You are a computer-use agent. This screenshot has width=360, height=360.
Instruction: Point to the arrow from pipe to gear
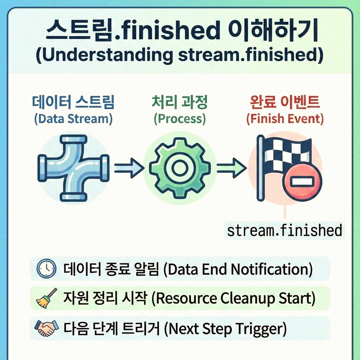pyautogui.click(x=129, y=166)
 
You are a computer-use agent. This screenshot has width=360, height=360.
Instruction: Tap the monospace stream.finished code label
pyautogui.click(x=284, y=231)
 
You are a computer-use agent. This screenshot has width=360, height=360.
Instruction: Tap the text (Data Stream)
pyautogui.click(x=73, y=118)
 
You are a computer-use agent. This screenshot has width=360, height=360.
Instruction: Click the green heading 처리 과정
pyautogui.click(x=180, y=102)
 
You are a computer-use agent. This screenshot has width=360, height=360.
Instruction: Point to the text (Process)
pyautogui.click(x=180, y=118)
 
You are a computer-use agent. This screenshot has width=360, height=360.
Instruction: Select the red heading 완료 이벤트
pyautogui.click(x=285, y=102)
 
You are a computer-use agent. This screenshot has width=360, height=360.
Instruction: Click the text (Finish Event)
pyautogui.click(x=285, y=118)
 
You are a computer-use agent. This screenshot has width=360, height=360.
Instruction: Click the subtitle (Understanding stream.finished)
pyautogui.click(x=180, y=56)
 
